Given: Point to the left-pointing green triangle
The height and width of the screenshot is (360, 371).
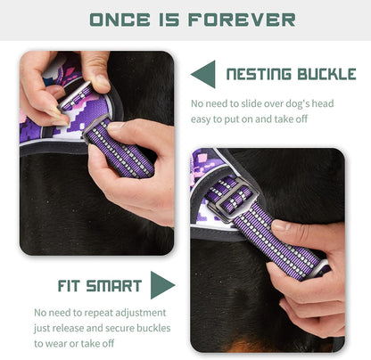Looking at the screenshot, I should click(x=204, y=74).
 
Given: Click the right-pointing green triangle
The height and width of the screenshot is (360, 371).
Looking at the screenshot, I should click(x=161, y=285).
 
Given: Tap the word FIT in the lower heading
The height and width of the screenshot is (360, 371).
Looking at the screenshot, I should click(x=50, y=286).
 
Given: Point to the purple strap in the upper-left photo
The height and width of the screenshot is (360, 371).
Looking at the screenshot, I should click(x=120, y=147).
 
